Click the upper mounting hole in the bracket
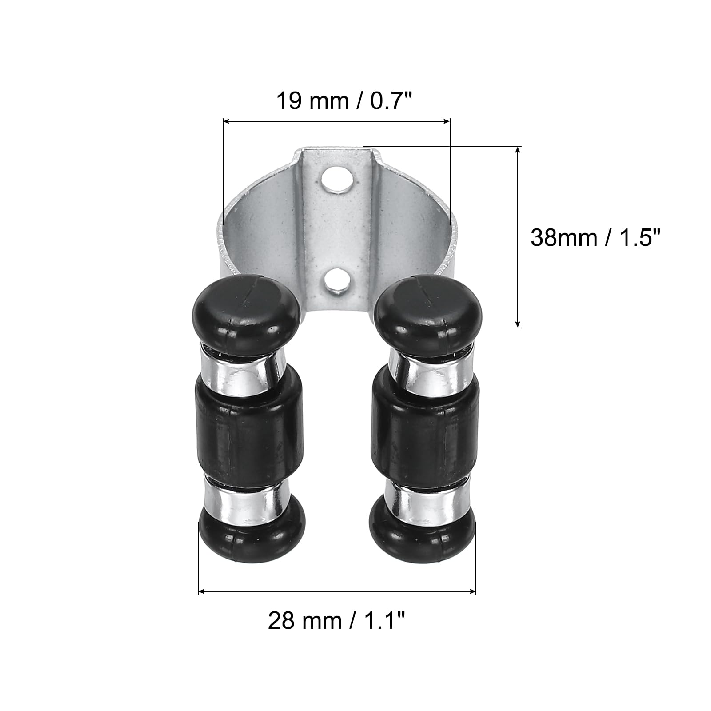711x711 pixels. click(x=339, y=179)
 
